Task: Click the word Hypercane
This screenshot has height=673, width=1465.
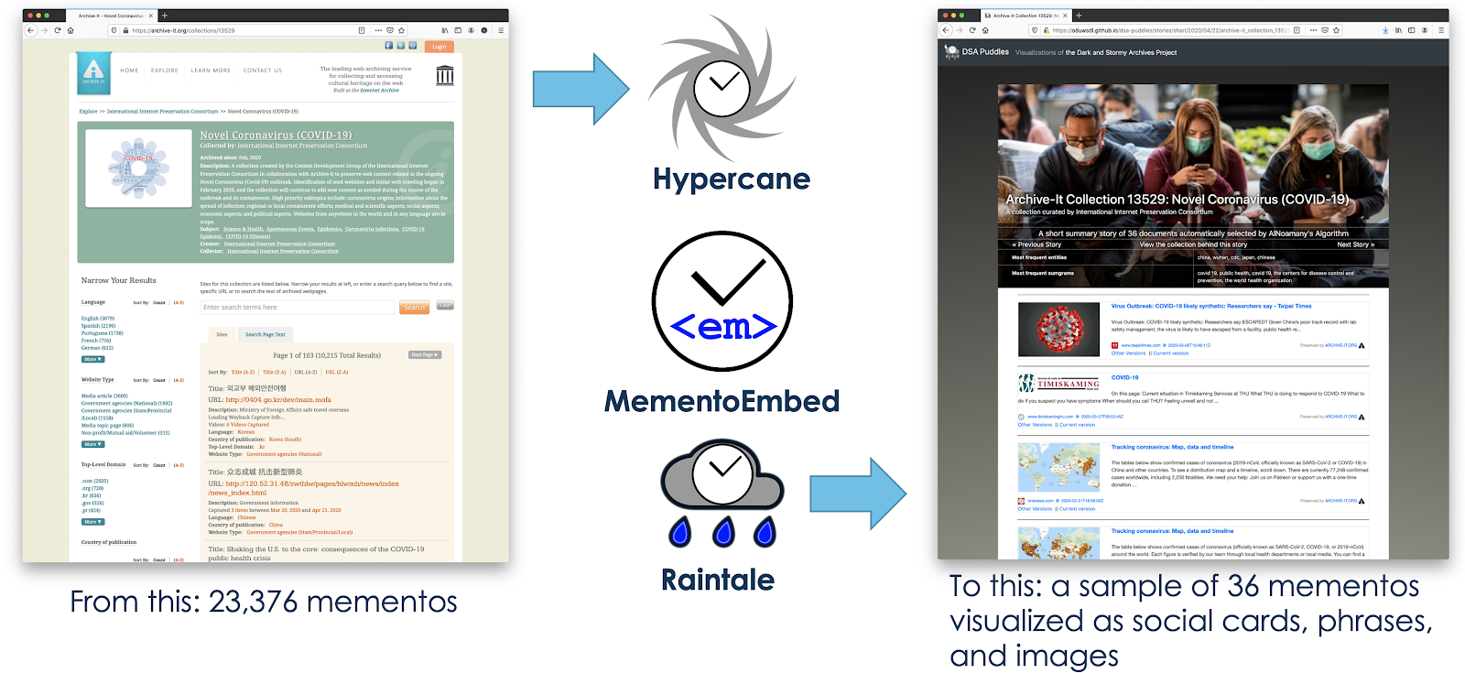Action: click(x=731, y=179)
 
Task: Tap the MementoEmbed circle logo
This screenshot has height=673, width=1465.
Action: click(x=722, y=301)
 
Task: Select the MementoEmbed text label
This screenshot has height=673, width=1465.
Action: click(x=722, y=401)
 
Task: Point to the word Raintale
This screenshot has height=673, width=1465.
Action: click(x=718, y=580)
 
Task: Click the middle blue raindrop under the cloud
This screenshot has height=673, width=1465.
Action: click(x=723, y=532)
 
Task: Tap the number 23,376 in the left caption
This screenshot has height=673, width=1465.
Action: click(x=253, y=602)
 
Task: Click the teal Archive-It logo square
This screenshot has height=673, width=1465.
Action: click(x=93, y=73)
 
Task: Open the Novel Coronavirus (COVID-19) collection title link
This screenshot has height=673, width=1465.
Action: click(x=276, y=135)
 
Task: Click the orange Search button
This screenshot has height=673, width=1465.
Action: click(x=414, y=308)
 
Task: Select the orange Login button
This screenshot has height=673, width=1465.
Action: click(x=439, y=46)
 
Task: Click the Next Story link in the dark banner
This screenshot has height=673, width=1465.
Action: click(x=1355, y=244)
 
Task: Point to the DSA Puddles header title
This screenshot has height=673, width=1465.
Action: click(x=985, y=52)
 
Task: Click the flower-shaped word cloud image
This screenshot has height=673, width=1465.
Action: click(x=139, y=168)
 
